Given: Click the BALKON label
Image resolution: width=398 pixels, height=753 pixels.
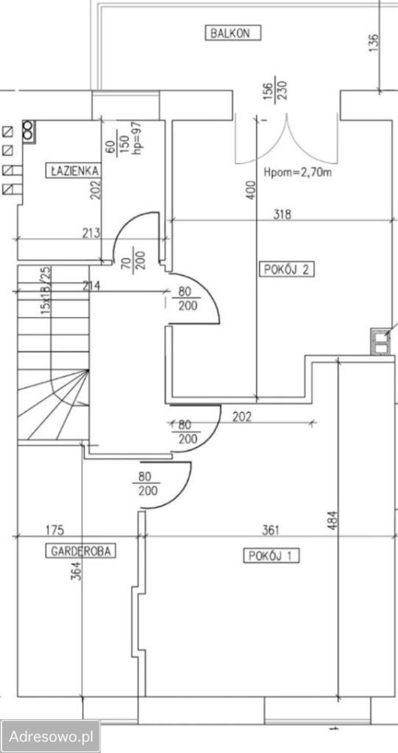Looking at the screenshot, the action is [235, 33].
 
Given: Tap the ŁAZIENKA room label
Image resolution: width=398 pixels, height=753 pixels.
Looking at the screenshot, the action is [74, 170].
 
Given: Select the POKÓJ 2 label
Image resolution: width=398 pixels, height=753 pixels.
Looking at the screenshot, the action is [287, 269].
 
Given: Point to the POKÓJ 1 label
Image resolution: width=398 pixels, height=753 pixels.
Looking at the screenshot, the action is [272, 557].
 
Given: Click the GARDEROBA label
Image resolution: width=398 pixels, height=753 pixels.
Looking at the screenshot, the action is [80, 551].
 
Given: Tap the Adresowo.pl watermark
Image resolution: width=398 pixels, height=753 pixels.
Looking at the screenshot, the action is [50, 736].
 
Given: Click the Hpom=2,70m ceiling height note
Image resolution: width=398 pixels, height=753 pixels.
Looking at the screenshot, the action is [298, 173].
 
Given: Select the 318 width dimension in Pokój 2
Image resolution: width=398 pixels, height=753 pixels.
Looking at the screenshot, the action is [282, 215].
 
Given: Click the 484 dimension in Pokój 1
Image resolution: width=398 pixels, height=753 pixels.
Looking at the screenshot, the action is [334, 521].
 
